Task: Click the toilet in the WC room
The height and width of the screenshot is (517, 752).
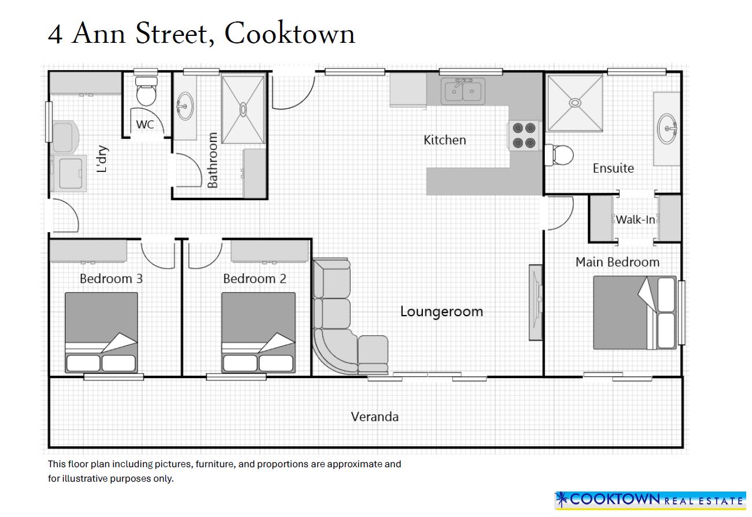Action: pyautogui.click(x=146, y=91)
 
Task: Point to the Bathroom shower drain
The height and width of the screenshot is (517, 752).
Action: pyautogui.click(x=243, y=109)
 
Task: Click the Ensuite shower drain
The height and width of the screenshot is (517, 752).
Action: pyautogui.click(x=575, y=103)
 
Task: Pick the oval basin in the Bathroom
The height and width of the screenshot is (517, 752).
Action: pyautogui.click(x=185, y=106)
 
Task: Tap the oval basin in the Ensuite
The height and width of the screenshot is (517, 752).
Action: pyautogui.click(x=668, y=129)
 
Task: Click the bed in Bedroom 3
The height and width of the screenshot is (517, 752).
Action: pyautogui.click(x=101, y=332)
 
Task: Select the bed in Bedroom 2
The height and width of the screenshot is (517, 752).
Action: pyautogui.click(x=258, y=332)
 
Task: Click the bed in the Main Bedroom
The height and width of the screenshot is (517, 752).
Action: pyautogui.click(x=635, y=313)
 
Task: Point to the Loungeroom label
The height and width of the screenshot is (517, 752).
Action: pyautogui.click(x=441, y=311)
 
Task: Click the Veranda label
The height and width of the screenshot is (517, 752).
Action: pyautogui.click(x=375, y=417)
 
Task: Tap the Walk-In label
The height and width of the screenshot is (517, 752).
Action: pyautogui.click(x=635, y=219)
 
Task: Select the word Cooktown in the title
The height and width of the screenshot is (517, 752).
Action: pyautogui.click(x=290, y=33)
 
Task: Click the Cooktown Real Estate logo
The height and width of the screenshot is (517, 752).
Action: pyautogui.click(x=650, y=501)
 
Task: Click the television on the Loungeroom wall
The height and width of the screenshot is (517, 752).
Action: pyautogui.click(x=536, y=302)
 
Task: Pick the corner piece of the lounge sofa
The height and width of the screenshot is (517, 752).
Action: pyautogui.click(x=334, y=350)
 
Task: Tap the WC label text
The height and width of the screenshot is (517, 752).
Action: pyautogui.click(x=145, y=124)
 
